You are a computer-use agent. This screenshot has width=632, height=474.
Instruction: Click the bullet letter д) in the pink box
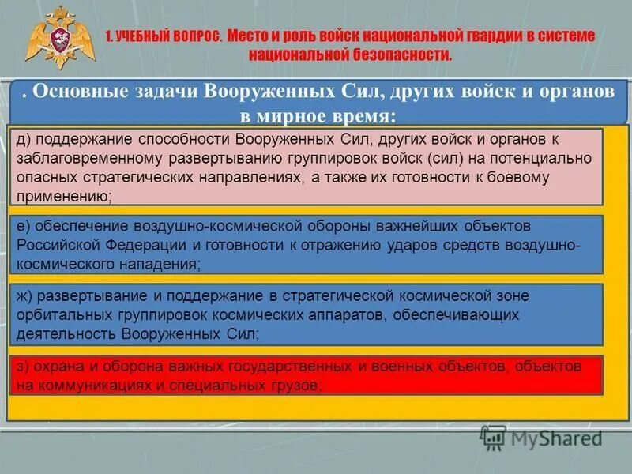tap(25, 139)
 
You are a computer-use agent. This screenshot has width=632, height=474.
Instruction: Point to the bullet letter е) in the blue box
tap(25, 227)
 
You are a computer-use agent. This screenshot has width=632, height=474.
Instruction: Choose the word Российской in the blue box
tap(57, 246)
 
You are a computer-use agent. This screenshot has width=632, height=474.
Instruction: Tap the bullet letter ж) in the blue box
tap(28, 295)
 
